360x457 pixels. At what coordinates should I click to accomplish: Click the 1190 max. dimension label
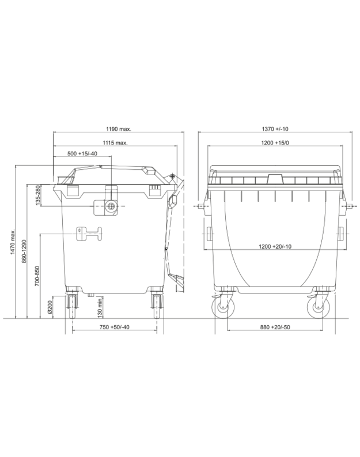119,129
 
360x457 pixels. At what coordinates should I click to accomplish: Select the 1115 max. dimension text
115,143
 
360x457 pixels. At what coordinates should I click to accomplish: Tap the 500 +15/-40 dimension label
82,154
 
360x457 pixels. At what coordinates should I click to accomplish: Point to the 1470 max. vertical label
13,242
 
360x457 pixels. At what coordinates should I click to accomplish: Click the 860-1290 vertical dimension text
24,251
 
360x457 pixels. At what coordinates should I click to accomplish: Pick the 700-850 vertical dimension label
37,276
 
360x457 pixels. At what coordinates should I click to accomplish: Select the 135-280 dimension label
37,195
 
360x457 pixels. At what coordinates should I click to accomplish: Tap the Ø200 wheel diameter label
50,307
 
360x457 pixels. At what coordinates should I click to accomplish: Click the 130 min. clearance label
100,307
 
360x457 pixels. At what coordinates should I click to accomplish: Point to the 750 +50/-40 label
115,327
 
